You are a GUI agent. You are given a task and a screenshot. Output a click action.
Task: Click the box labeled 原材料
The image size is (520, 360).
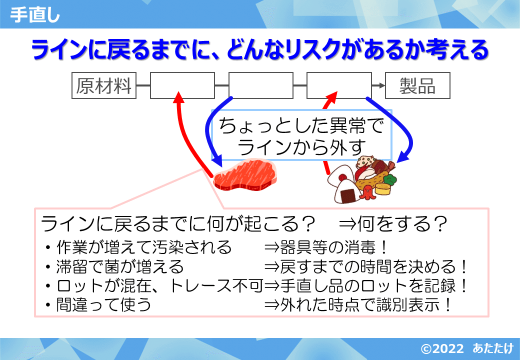104,86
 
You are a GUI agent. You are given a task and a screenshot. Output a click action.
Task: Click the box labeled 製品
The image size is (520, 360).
417,86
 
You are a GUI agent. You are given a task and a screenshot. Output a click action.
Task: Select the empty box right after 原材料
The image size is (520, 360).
182,86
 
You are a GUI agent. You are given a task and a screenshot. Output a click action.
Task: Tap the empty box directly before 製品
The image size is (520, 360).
338,86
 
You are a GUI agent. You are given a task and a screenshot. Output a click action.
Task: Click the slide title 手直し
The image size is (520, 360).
35,15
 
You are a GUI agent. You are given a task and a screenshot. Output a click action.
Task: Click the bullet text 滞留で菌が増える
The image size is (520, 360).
120,266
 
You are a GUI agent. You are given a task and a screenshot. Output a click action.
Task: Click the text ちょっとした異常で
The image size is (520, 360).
301,125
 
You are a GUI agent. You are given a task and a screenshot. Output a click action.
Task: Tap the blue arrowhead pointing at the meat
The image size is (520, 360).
216,162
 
